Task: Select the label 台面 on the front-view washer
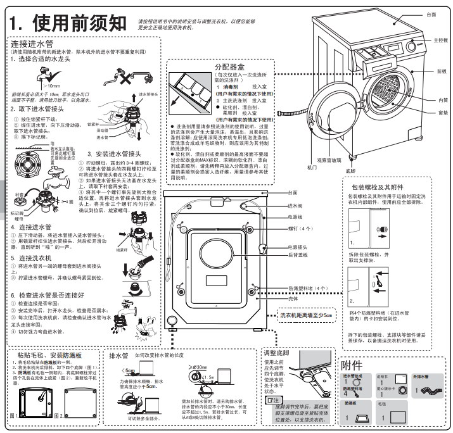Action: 431,14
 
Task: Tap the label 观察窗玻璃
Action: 329,161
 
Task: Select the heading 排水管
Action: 118,356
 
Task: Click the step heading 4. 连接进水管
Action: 31,227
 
